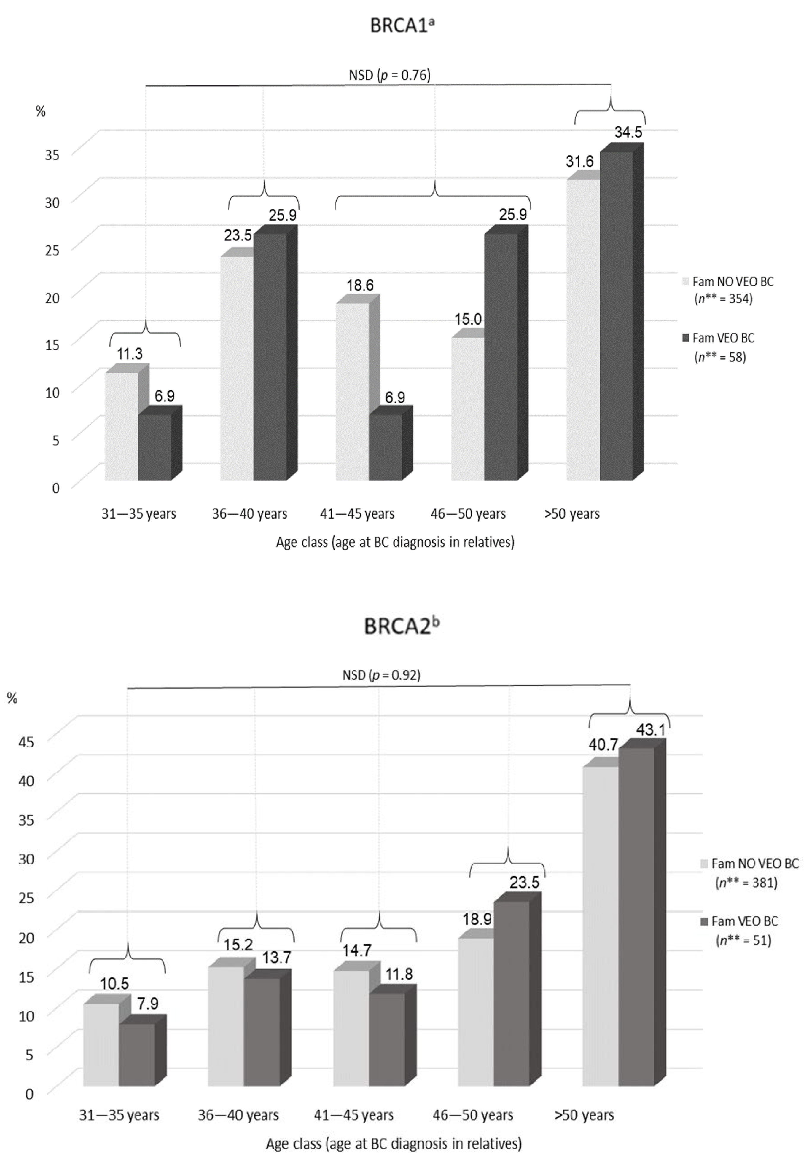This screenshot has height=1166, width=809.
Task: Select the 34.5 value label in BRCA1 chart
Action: [628, 132]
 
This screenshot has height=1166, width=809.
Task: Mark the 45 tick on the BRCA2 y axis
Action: [26, 742]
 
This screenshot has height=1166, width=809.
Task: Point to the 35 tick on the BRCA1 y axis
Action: [52, 154]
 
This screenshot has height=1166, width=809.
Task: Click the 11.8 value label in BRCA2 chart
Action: [398, 974]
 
